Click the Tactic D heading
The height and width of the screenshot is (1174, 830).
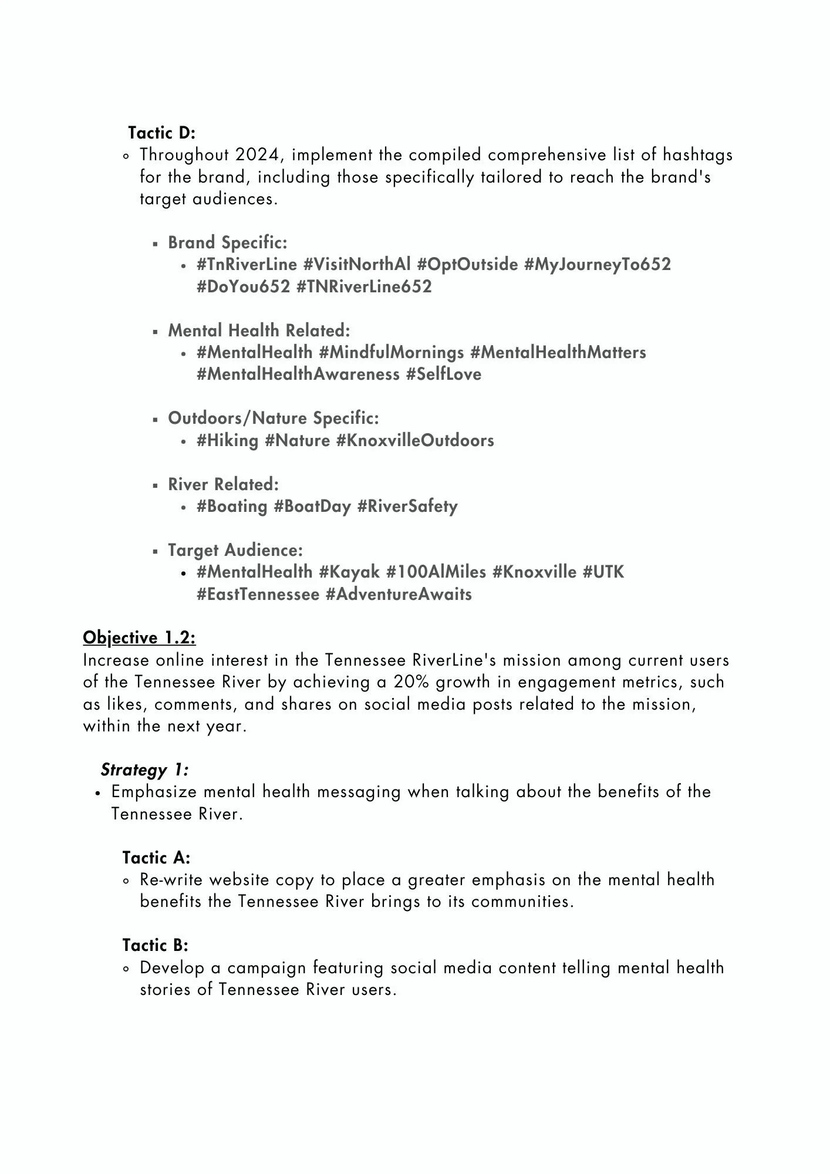(161, 133)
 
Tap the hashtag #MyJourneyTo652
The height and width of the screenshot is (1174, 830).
(597, 265)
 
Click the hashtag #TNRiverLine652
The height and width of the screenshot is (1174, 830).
(364, 287)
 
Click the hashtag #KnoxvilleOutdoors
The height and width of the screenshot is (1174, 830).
(415, 441)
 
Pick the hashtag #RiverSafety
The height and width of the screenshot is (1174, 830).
(407, 507)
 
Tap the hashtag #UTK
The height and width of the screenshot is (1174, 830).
(603, 572)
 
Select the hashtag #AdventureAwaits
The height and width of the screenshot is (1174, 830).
(399, 595)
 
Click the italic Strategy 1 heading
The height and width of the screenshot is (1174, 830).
(144, 770)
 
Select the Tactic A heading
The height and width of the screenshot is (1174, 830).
(156, 858)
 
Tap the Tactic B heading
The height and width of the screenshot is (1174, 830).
(155, 946)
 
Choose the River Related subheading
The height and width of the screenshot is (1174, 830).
(223, 485)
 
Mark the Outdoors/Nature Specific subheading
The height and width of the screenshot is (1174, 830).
(274, 419)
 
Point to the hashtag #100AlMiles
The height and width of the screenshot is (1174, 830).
(436, 572)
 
